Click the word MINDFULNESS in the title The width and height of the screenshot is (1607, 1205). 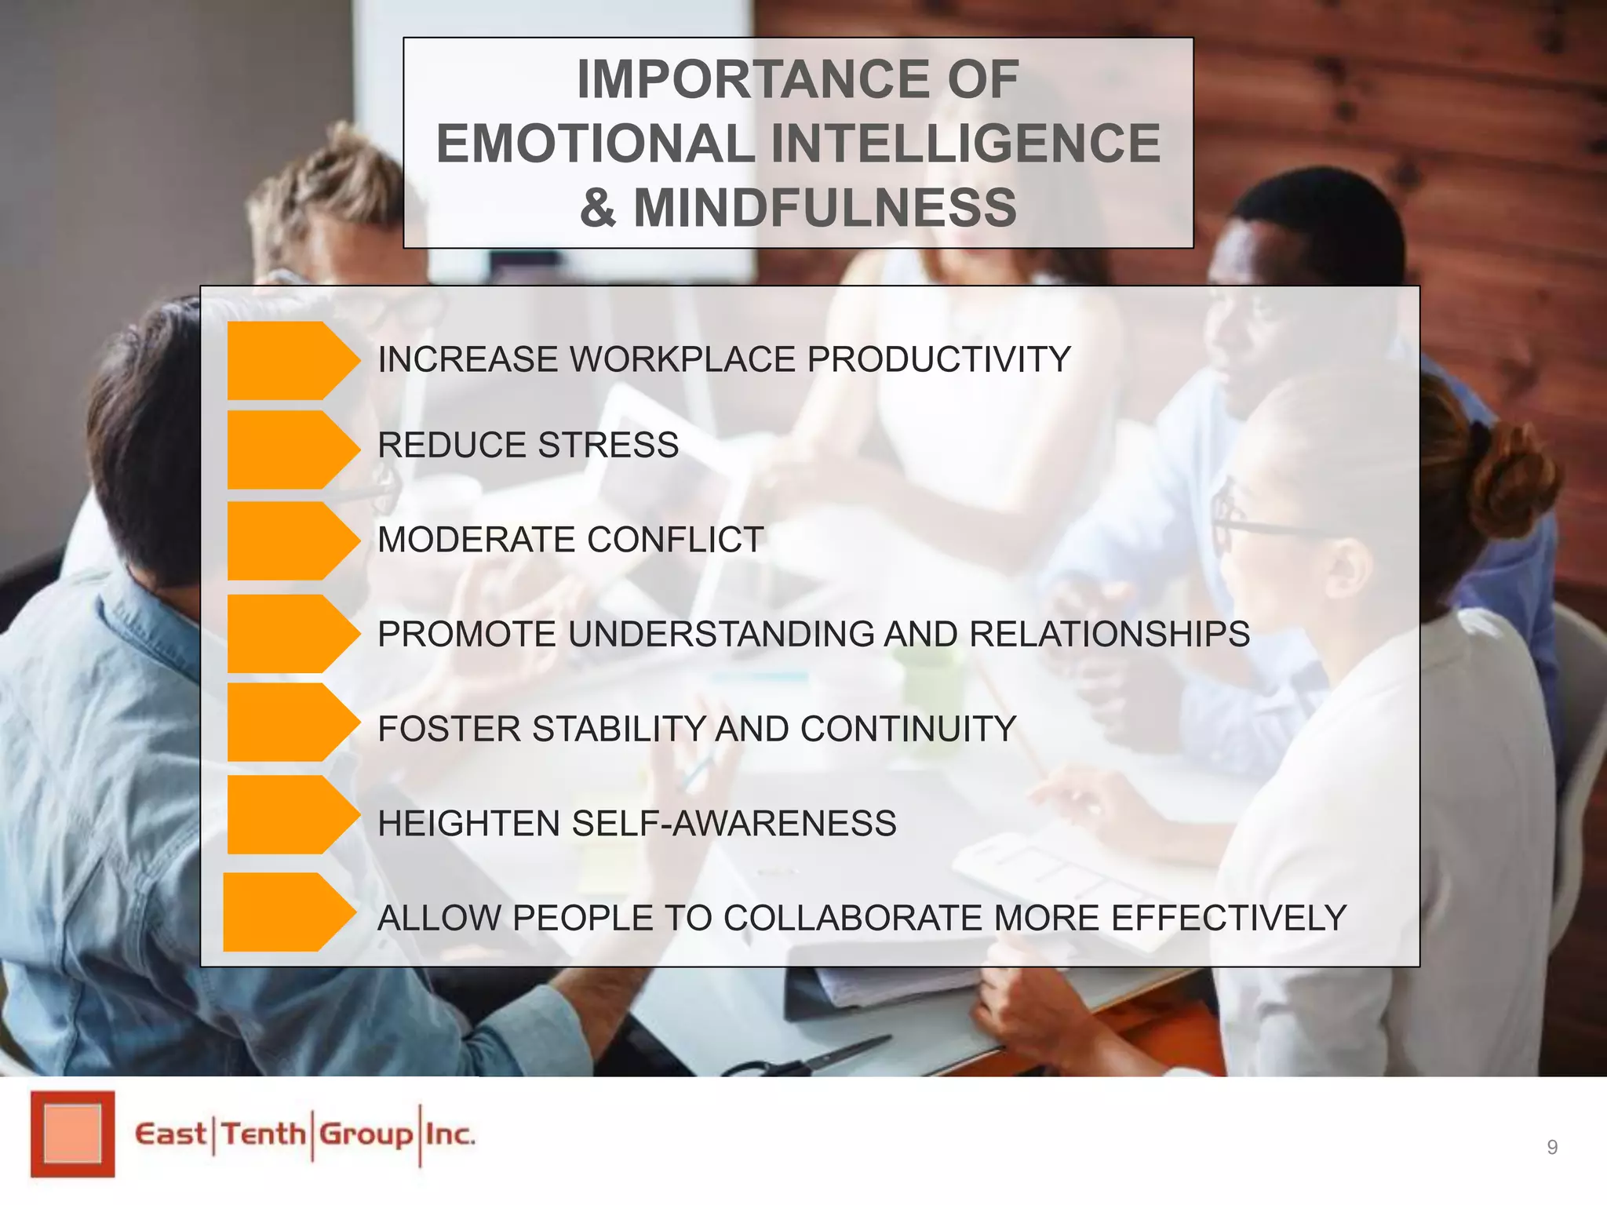(825, 208)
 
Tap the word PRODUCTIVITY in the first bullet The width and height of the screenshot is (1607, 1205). (938, 360)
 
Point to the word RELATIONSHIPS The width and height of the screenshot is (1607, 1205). (1110, 634)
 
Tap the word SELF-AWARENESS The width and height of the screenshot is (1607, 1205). (734, 824)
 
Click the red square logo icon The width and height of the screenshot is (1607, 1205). (72, 1134)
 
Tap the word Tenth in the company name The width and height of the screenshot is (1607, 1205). (263, 1134)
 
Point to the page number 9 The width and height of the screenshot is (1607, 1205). (1552, 1148)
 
